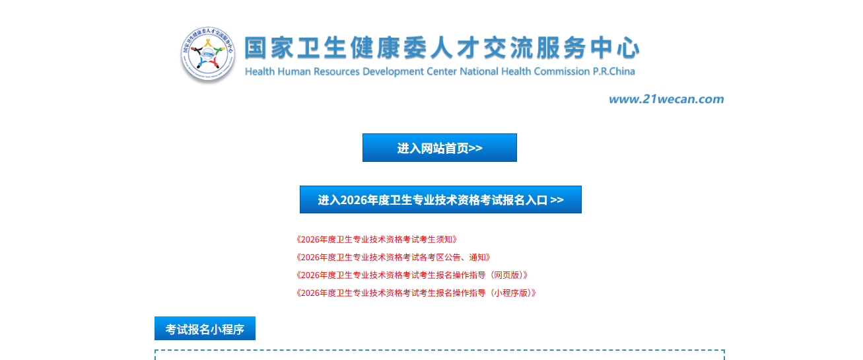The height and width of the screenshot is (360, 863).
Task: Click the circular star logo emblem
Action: point(207,55)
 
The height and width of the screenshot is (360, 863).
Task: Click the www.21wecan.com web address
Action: point(666,99)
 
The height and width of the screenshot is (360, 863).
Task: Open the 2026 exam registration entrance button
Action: point(440,199)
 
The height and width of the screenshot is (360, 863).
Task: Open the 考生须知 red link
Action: point(376,239)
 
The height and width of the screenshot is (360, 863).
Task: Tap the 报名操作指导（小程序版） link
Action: point(415,293)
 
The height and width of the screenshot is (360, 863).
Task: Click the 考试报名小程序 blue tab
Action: point(205,328)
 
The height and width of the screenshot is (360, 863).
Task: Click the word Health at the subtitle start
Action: point(258,71)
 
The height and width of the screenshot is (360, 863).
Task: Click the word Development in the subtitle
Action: point(395,71)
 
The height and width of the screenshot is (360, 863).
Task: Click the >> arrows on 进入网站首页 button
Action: point(475,148)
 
